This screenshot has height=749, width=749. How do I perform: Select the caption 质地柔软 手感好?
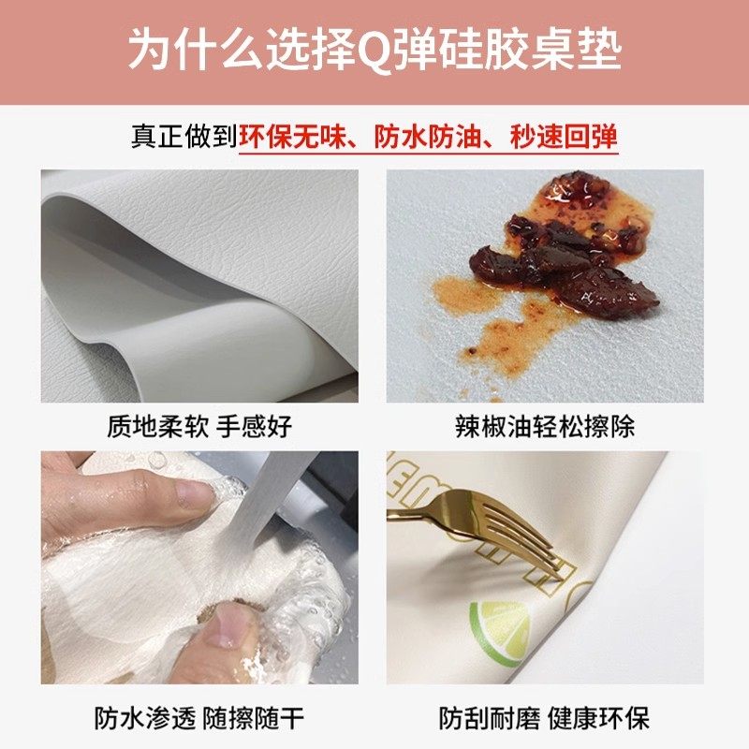tap(199, 427)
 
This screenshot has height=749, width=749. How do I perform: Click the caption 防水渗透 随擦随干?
tap(199, 718)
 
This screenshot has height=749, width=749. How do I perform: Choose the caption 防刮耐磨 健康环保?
tap(544, 718)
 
